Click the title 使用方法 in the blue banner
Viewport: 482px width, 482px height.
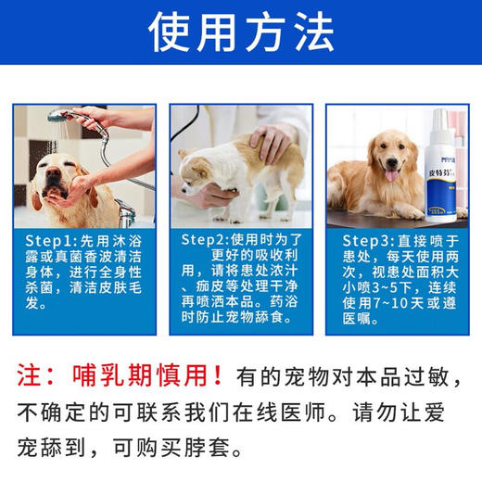coord(241,32)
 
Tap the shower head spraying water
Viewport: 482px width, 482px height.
coord(62,119)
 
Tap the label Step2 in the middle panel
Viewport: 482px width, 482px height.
coord(204,239)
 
